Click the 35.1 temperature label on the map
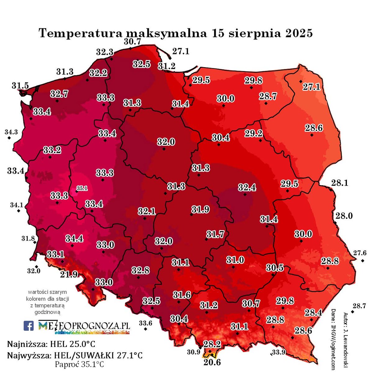(x=82, y=188)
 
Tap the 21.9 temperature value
(x=69, y=274)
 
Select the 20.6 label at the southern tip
(x=212, y=362)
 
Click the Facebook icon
(x=29, y=326)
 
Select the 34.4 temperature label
(x=74, y=238)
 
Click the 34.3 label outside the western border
(x=11, y=132)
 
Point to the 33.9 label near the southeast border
(x=279, y=352)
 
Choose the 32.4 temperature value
(x=247, y=187)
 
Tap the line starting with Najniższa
(x=51, y=344)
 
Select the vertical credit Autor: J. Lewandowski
(x=346, y=340)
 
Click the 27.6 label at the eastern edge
(x=360, y=253)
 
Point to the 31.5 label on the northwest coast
(x=20, y=85)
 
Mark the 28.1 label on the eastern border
(x=339, y=183)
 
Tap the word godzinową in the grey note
(x=47, y=312)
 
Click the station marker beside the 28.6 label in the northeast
(x=311, y=135)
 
